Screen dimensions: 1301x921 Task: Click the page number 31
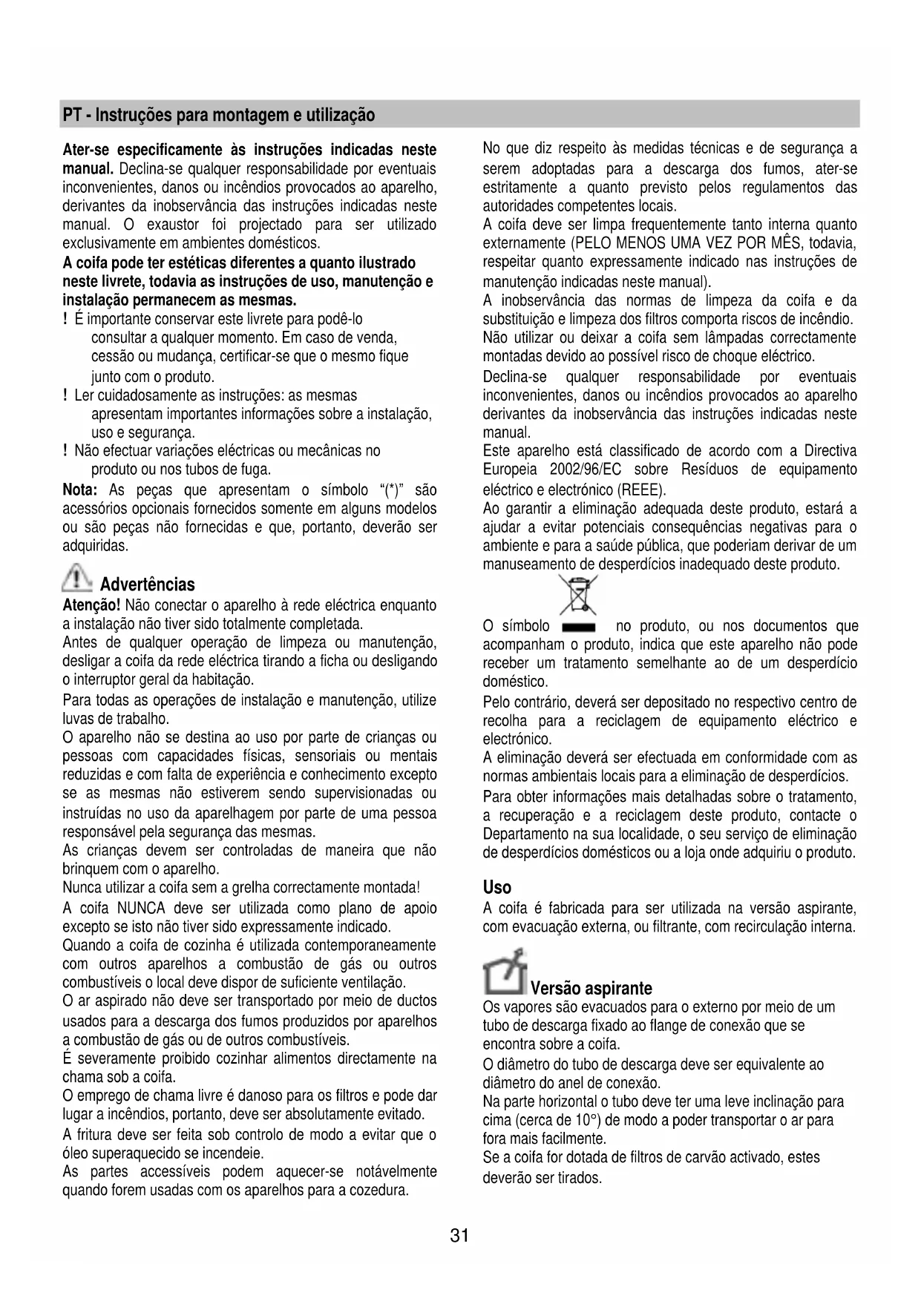[459, 1236]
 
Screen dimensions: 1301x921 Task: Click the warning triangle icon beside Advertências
[76, 579]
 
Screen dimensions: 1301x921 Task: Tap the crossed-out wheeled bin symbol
[579, 595]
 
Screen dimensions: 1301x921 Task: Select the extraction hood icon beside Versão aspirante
[505, 972]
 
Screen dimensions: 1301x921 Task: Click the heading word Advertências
[147, 584]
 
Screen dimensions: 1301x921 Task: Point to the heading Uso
[496, 887]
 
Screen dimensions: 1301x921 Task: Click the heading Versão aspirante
[591, 988]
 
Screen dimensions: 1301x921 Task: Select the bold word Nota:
[80, 490]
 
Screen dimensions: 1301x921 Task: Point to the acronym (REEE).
[641, 490]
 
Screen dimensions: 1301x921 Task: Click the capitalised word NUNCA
[141, 909]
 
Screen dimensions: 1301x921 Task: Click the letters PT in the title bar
[72, 115]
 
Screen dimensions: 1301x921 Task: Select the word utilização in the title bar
[341, 115]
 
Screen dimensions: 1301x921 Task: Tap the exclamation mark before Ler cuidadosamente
[66, 395]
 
